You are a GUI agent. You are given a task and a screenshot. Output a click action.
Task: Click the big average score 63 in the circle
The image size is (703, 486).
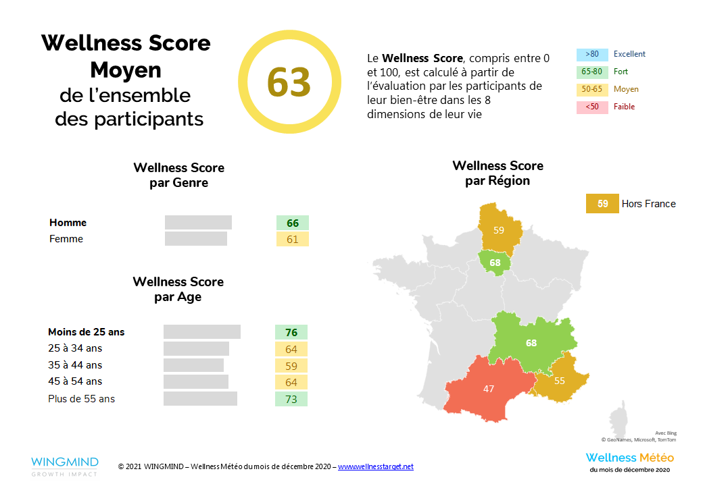[289, 82]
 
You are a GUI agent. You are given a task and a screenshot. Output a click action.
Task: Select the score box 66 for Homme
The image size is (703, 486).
[292, 223]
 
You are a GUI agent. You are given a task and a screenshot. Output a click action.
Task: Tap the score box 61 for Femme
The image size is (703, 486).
[292, 239]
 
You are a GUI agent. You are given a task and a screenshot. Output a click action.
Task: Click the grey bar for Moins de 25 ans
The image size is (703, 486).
[201, 331]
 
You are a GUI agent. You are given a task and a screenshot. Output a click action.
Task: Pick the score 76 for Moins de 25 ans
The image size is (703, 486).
[291, 331]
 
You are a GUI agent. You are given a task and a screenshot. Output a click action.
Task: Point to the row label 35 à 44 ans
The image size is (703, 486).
[75, 365]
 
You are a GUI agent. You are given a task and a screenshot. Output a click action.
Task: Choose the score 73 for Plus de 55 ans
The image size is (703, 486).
[291, 399]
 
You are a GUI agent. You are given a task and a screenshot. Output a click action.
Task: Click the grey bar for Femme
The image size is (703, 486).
[196, 239]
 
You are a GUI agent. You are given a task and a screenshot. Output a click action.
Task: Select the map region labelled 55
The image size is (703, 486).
[559, 380]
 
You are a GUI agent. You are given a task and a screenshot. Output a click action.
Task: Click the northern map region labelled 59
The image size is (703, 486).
[499, 230]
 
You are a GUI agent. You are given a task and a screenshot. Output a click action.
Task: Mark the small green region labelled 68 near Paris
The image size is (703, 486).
[494, 262]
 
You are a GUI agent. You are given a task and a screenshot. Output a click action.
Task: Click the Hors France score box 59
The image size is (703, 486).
[602, 204]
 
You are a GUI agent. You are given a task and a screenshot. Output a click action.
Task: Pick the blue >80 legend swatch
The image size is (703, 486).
[592, 54]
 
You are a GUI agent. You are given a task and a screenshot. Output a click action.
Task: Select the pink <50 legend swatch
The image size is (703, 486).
[592, 107]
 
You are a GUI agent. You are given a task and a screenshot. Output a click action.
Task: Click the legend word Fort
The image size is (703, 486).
[621, 72]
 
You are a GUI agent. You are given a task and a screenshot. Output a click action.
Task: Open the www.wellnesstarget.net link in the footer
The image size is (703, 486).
[375, 466]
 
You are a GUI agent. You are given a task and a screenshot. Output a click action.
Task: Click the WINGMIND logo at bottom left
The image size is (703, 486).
[64, 466]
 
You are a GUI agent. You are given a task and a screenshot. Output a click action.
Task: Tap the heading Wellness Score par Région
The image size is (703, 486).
[498, 173]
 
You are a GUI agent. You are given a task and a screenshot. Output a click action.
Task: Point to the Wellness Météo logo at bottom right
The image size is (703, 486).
[629, 462]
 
